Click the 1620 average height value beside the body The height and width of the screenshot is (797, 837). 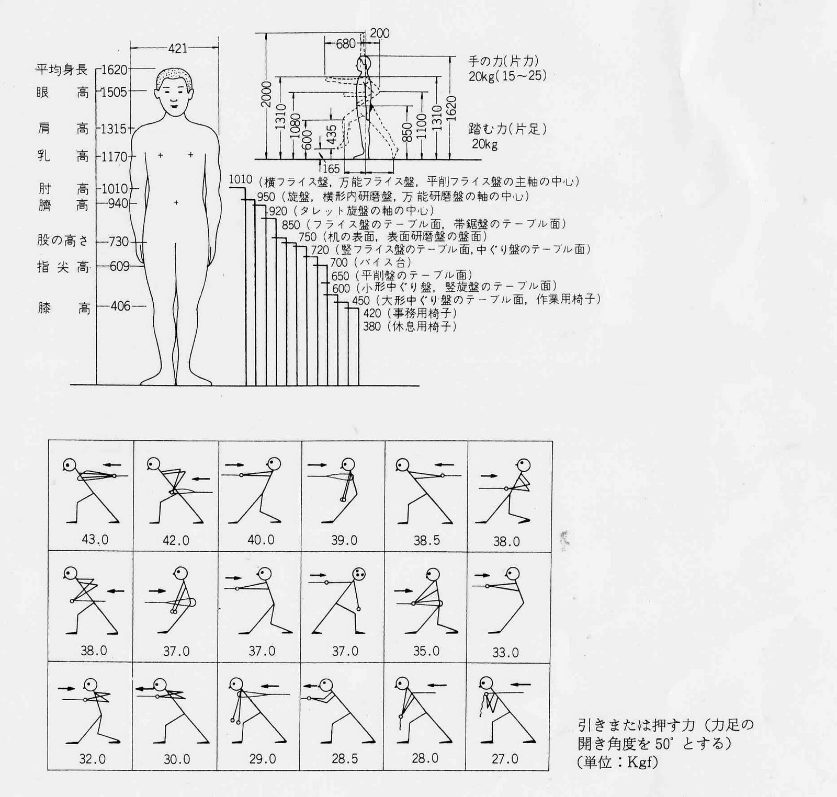(x=114, y=70)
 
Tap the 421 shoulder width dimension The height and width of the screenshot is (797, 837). (x=177, y=48)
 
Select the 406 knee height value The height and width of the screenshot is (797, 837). (x=120, y=306)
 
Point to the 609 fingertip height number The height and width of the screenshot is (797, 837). (x=120, y=266)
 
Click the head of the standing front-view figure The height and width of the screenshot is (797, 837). (x=174, y=92)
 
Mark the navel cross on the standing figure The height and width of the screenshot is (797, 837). (x=176, y=202)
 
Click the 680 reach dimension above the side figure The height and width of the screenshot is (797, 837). (x=346, y=44)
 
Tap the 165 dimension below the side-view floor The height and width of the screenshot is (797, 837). (x=332, y=168)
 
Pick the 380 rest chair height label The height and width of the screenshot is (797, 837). (x=372, y=326)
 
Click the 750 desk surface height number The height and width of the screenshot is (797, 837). (x=308, y=237)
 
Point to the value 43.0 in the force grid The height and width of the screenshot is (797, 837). (x=95, y=539)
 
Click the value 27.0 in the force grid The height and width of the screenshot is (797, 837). (x=505, y=758)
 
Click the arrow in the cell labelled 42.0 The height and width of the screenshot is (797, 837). (x=201, y=478)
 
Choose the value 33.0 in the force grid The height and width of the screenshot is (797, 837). (x=506, y=652)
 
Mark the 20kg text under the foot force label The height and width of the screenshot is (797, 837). (x=484, y=144)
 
